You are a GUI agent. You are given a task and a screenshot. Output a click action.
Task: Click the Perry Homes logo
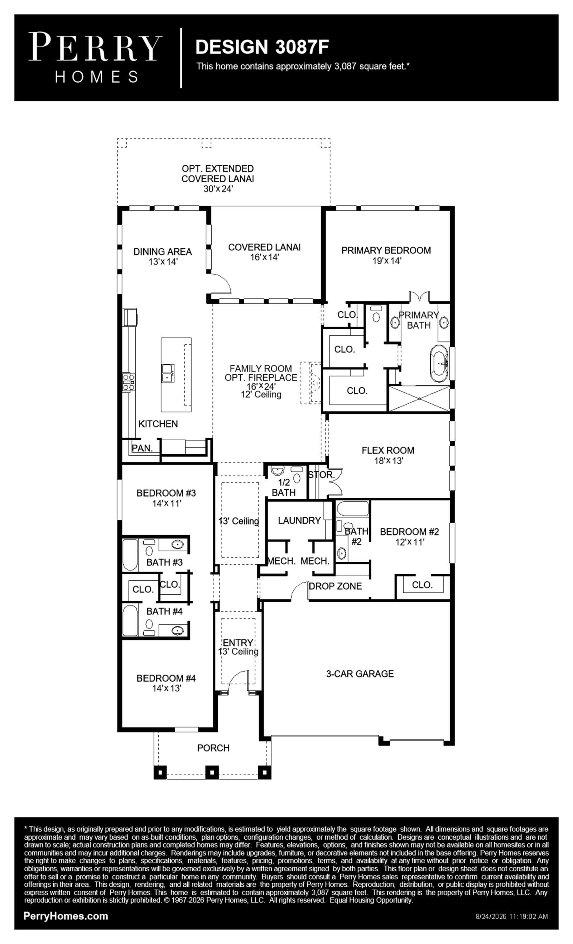point(95,57)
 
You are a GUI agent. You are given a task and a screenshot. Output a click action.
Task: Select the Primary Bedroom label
point(386,250)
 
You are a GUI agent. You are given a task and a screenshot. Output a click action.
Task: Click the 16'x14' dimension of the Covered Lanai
point(265,257)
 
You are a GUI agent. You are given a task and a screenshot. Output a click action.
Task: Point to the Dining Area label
point(162,252)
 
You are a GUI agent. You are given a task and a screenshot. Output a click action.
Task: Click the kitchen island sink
point(168,373)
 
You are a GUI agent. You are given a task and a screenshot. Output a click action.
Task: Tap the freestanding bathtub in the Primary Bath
point(439,364)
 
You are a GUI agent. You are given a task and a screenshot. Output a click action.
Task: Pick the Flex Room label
point(388,450)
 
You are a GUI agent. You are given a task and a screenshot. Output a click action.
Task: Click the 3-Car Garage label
point(360,674)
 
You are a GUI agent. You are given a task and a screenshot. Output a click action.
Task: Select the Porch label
point(213,748)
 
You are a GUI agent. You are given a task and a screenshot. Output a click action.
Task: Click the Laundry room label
point(299,520)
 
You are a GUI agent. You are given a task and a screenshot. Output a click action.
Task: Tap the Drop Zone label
point(335,586)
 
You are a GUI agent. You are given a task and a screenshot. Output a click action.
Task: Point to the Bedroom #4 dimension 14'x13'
point(167,688)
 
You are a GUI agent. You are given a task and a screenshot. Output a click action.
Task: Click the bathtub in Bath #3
point(130,555)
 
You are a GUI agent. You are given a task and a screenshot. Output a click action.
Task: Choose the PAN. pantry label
point(142,448)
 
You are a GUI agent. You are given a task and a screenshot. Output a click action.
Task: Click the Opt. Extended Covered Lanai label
point(217,173)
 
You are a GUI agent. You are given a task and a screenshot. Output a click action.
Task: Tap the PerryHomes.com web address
point(66,916)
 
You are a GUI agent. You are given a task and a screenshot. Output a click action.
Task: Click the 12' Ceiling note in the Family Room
point(261,394)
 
